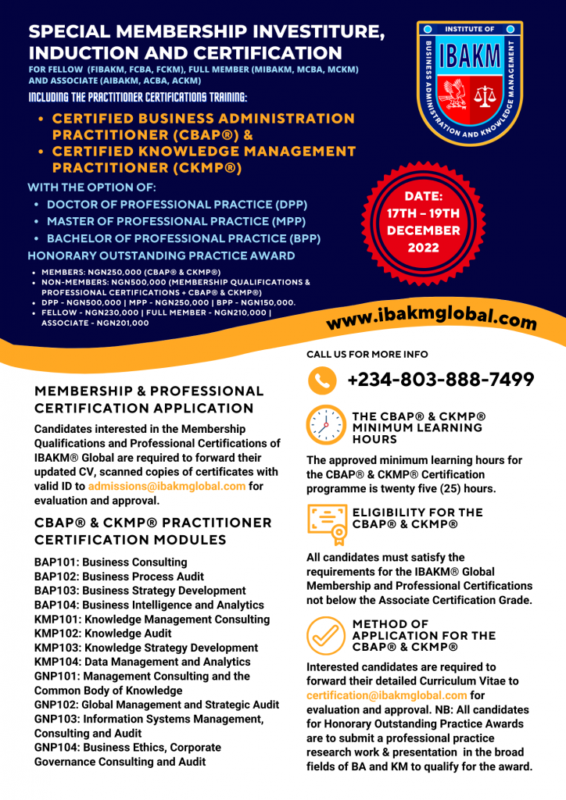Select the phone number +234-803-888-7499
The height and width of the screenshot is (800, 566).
pyautogui.click(x=440, y=380)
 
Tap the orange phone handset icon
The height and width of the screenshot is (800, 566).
pyautogui.click(x=322, y=380)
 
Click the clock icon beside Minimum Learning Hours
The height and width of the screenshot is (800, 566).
pyautogui.click(x=325, y=425)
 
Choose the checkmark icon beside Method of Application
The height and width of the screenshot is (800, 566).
pyautogui.click(x=325, y=635)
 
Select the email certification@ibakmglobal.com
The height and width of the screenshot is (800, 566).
pyautogui.click(x=387, y=695)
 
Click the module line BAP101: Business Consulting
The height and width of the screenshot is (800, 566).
pyautogui.click(x=110, y=562)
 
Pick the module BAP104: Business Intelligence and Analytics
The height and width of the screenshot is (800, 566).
pyautogui.click(x=149, y=605)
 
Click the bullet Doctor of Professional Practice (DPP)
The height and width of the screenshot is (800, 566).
pyautogui.click(x=177, y=204)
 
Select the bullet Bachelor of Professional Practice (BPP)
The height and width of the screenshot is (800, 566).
pyautogui.click(x=184, y=238)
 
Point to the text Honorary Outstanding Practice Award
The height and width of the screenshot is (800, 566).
pyautogui.click(x=161, y=255)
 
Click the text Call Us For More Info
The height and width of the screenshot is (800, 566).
pyautogui.click(x=367, y=354)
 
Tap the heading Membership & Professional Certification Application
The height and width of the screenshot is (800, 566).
pyautogui.click(x=149, y=399)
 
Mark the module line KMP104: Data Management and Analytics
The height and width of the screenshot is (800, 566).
pyautogui.click(x=142, y=662)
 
